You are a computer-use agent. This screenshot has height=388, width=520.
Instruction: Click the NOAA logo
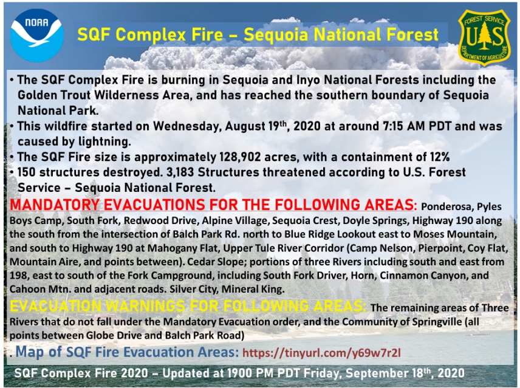[37, 35]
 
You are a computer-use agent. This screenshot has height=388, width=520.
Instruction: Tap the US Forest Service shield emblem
[484, 37]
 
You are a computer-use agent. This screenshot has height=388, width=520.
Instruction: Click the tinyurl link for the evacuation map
[322, 353]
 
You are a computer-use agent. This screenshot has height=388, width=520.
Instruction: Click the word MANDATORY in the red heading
[55, 205]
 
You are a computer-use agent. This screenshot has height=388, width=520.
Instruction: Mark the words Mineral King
[253, 289]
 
